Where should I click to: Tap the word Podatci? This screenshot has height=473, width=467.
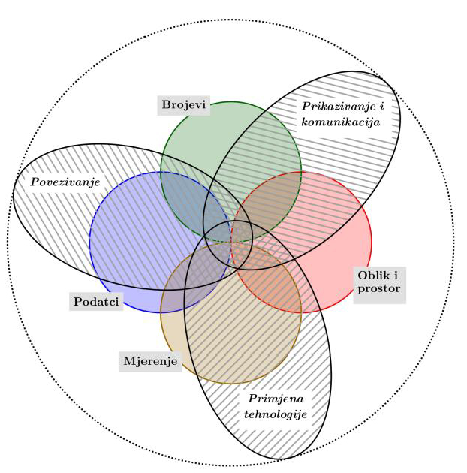(97, 301)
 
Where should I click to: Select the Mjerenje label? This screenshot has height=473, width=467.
(150, 361)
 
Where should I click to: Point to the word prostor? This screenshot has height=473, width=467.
(379, 288)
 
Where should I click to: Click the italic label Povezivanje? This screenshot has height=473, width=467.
(65, 182)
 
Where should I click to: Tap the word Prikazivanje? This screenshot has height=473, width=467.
(333, 107)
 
